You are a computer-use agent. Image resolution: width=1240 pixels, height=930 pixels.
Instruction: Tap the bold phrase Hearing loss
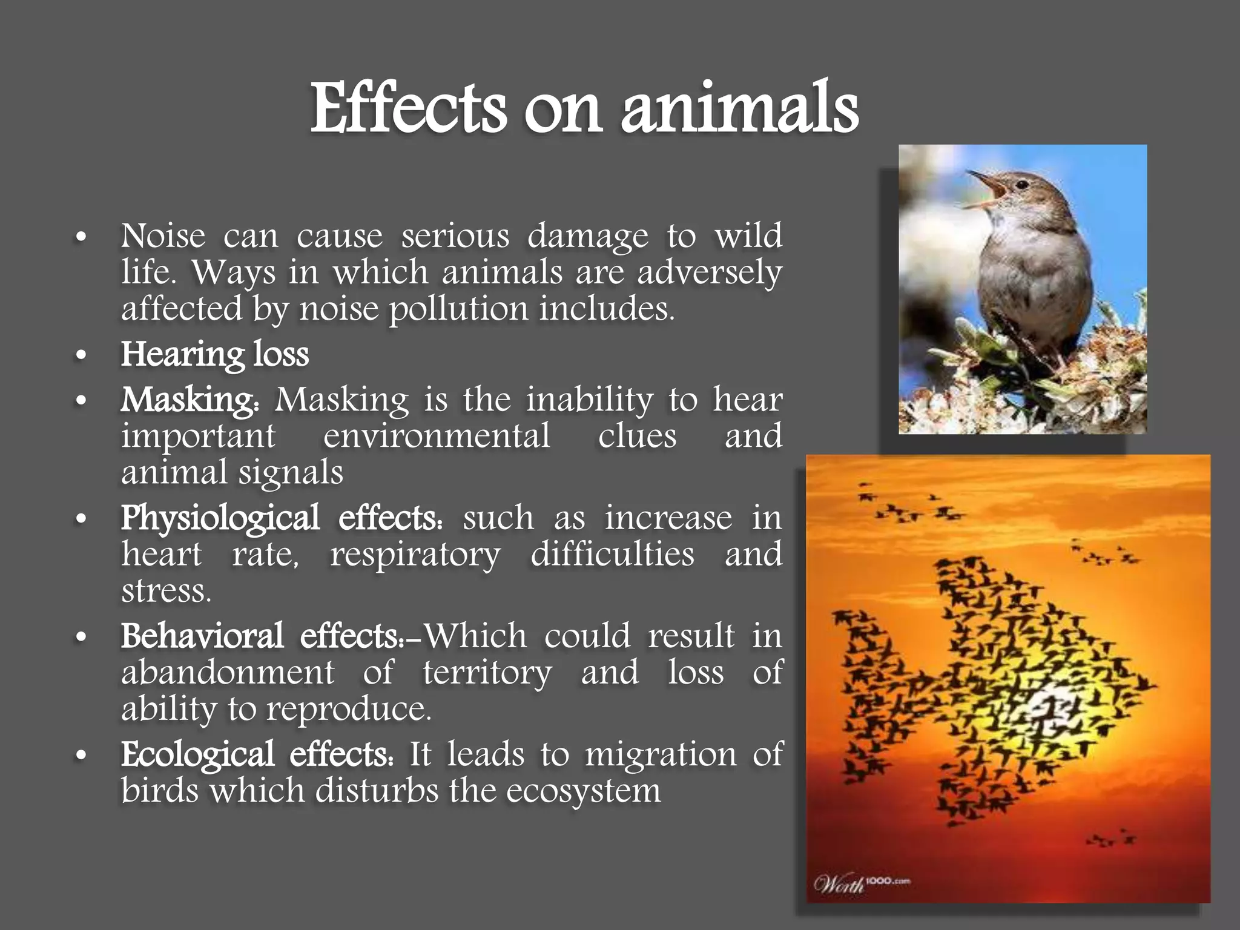214,354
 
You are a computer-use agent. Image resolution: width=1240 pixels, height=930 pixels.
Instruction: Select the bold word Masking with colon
190,400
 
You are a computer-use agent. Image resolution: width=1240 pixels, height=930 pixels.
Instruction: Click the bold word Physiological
220,519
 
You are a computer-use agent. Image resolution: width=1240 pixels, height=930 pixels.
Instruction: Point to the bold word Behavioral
202,636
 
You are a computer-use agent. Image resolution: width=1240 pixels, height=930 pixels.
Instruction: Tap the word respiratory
415,555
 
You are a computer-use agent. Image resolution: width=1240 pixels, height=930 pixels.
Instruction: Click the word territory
487,673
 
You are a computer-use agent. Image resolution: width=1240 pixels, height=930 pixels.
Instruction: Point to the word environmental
437,436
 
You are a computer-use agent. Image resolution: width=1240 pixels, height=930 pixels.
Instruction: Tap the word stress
165,591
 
